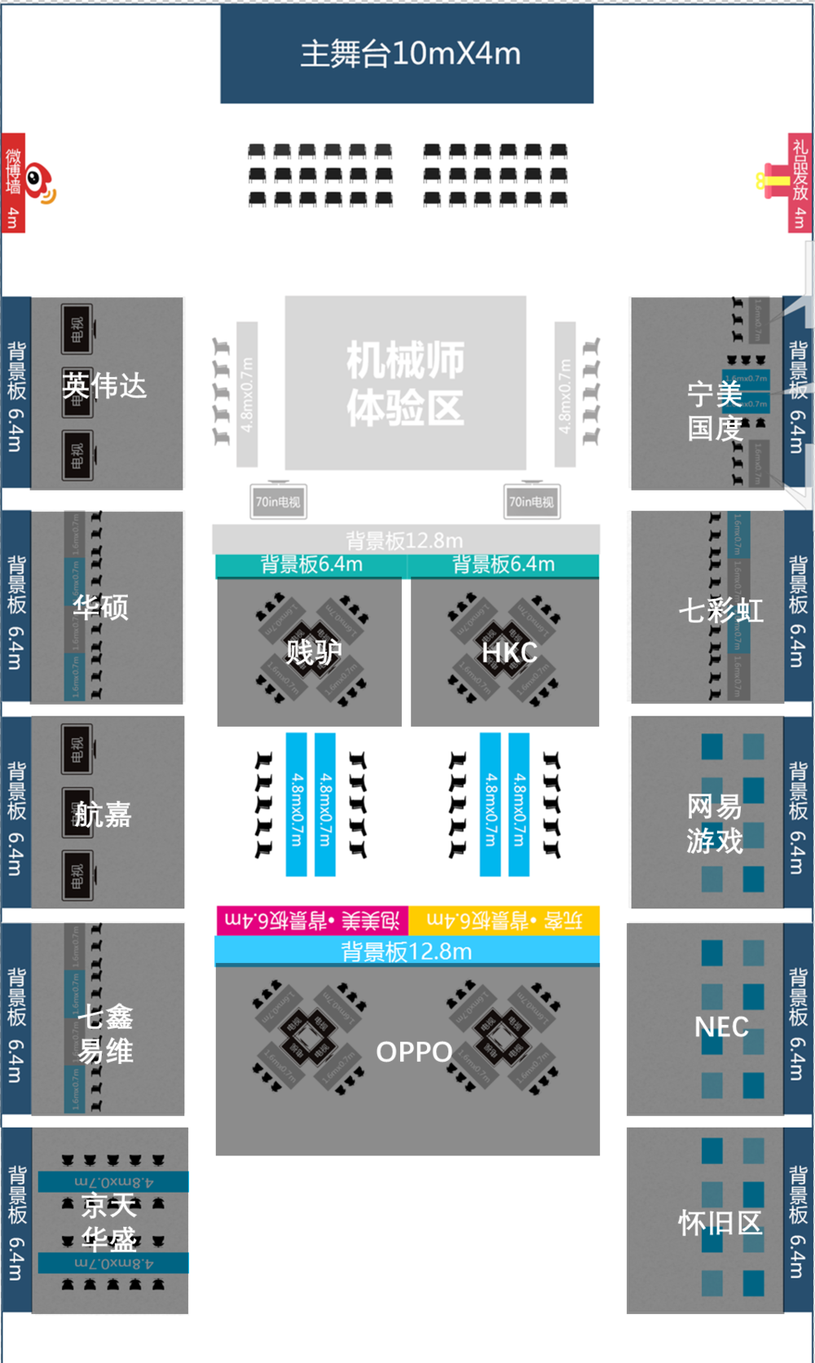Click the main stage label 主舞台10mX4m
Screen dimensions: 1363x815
pyautogui.click(x=410, y=54)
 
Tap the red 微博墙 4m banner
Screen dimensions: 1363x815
pyautogui.click(x=13, y=183)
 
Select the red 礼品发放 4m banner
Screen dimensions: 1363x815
pyautogui.click(x=800, y=183)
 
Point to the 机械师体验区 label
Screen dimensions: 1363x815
pyautogui.click(x=405, y=384)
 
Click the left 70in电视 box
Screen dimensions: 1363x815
pyautogui.click(x=278, y=502)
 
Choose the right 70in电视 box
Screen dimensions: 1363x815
pyautogui.click(x=531, y=502)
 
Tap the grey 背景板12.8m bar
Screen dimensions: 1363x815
pyautogui.click(x=405, y=540)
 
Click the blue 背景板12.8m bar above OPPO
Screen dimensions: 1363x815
pyautogui.click(x=407, y=952)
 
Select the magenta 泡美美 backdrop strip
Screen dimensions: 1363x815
pyautogui.click(x=312, y=921)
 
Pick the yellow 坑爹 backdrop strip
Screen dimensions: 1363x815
pyautogui.click(x=504, y=921)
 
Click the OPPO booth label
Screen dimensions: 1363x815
pyautogui.click(x=414, y=1052)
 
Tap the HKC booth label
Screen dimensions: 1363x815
pyautogui.click(x=509, y=653)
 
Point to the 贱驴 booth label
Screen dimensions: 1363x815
pyautogui.click(x=313, y=653)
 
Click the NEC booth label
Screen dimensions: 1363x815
pyautogui.click(x=721, y=1027)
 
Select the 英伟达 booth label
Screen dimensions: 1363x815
pyautogui.click(x=105, y=385)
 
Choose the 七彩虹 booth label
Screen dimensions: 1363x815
pyautogui.click(x=721, y=610)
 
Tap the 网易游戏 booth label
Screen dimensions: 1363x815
pyautogui.click(x=715, y=824)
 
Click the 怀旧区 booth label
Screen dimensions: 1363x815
pyautogui.click(x=720, y=1223)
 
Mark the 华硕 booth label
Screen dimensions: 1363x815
pyautogui.click(x=101, y=607)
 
